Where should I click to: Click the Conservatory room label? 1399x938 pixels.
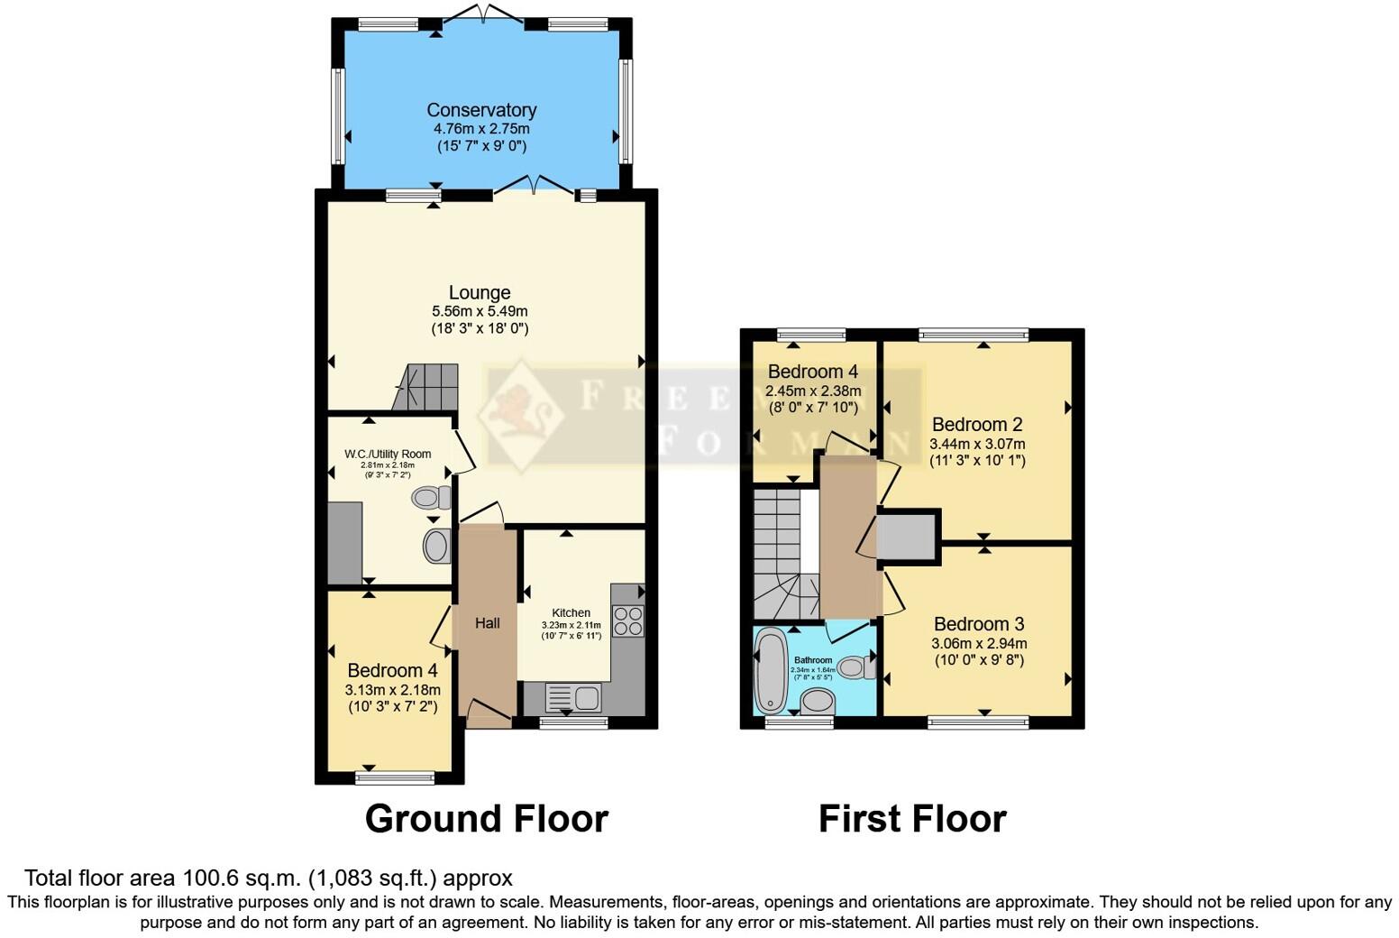point(481,110)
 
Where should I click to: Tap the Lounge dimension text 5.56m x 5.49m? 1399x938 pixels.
point(480,311)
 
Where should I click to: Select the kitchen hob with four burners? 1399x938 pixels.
point(627,621)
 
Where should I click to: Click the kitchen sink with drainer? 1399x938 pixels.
point(573,698)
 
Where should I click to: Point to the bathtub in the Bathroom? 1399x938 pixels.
point(770,671)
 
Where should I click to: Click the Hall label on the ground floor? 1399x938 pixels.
point(488,623)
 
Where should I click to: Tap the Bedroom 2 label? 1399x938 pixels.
point(977,424)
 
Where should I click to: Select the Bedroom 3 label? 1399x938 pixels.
point(979,624)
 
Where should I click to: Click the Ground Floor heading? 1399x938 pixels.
point(487,819)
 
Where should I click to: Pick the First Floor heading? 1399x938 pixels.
point(912,819)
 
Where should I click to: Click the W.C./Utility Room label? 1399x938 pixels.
point(388,454)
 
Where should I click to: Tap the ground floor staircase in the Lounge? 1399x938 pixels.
point(426,387)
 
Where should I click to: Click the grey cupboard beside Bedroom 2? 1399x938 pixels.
point(907,538)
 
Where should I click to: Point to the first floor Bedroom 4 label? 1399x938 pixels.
point(812,372)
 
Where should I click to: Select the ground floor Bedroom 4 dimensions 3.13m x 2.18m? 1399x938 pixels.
point(393,690)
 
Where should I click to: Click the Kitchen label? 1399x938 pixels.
point(571,612)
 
